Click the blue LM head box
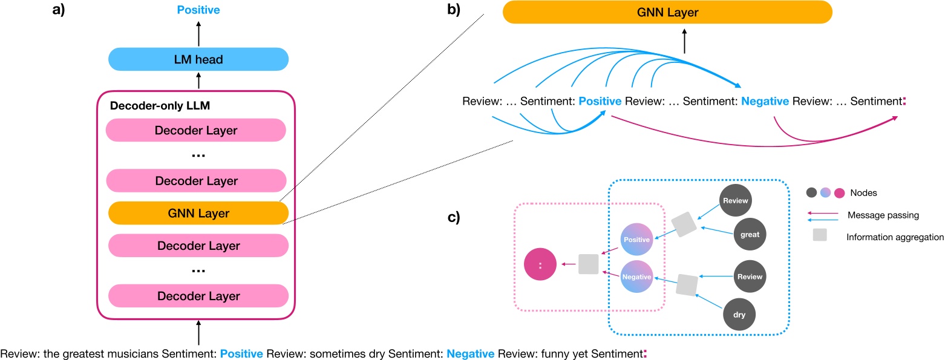[x=198, y=59]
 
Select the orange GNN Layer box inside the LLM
[x=198, y=214]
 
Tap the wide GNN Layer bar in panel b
[x=684, y=12]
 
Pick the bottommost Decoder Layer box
[x=198, y=296]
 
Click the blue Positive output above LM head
[x=198, y=10]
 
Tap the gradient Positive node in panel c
[x=636, y=240]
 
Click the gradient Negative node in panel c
[x=636, y=277]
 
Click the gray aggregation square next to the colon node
[x=588, y=264]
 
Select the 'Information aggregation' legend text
[x=895, y=237]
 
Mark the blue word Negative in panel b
[x=765, y=102]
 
